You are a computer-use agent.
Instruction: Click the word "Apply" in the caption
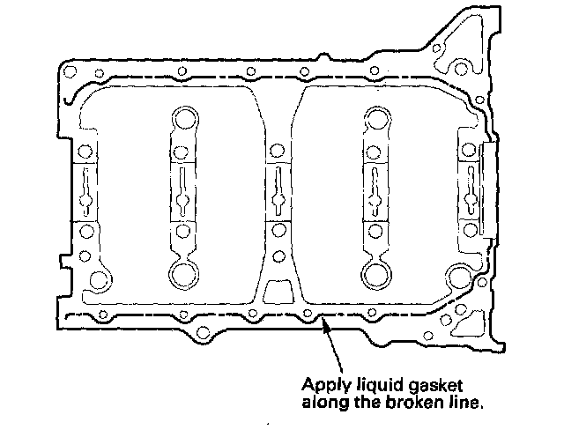click(323, 384)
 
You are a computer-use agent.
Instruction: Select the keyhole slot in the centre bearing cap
click(278, 192)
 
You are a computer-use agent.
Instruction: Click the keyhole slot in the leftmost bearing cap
click(86, 192)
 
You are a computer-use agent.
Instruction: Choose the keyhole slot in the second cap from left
click(183, 192)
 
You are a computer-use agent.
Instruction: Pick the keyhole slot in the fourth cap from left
click(374, 192)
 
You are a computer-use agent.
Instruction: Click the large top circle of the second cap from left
click(184, 117)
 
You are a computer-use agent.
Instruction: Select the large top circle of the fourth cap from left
click(375, 117)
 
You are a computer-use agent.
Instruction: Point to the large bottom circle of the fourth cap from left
click(375, 275)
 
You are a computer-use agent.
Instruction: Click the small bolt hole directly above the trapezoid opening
click(278, 257)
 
